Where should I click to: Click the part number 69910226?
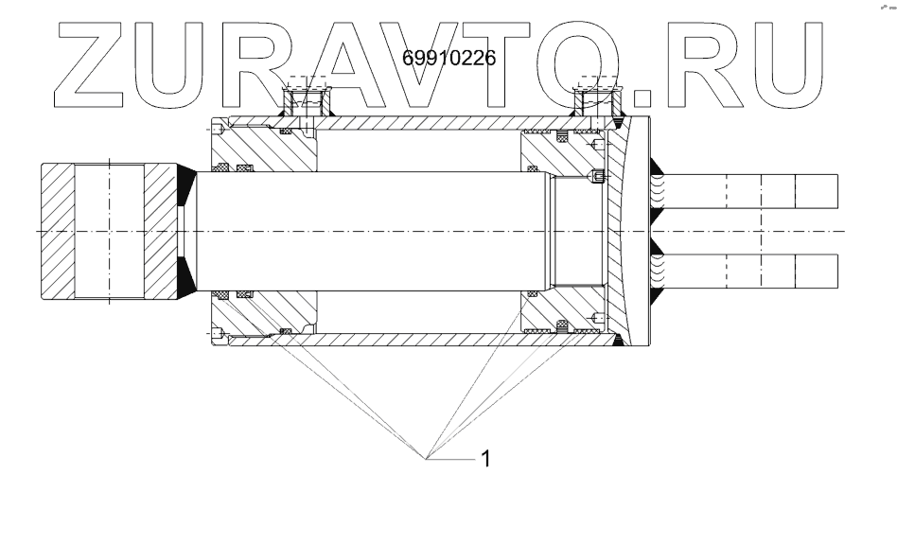coord(449,58)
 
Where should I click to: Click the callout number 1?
coord(485,459)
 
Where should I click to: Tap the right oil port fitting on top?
coord(597,99)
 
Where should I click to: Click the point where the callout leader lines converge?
coord(429,458)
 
